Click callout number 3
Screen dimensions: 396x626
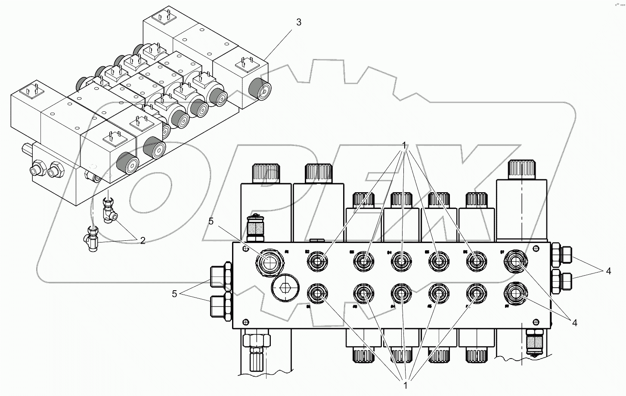299,22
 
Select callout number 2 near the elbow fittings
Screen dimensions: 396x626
143,240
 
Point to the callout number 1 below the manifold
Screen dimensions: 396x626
405,385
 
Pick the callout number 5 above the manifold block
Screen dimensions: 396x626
211,221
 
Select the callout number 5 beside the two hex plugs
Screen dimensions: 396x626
174,294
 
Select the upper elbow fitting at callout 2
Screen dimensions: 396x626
109,211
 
